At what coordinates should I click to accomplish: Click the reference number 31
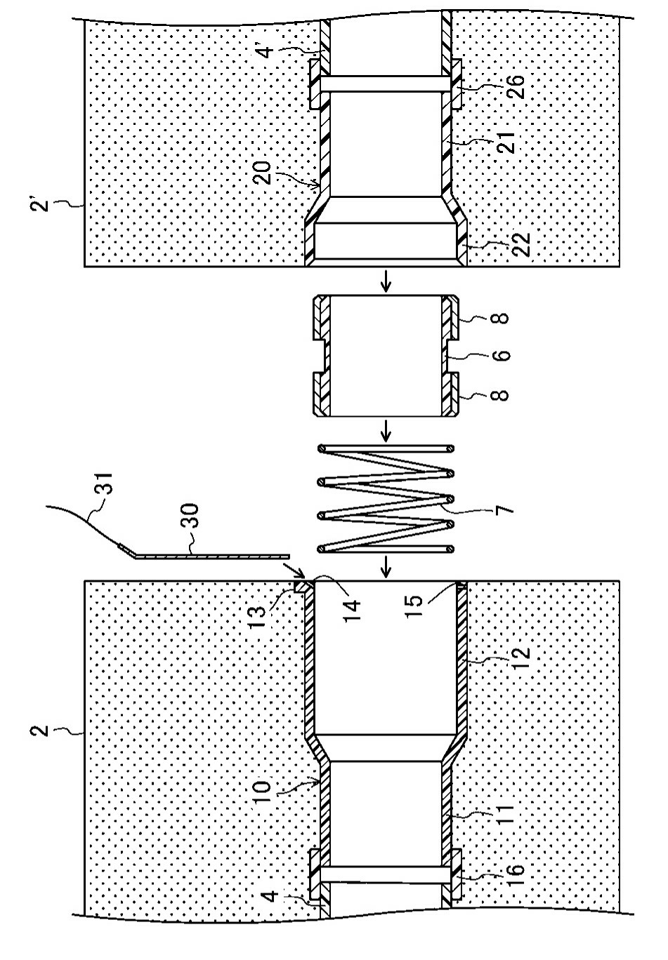point(104,484)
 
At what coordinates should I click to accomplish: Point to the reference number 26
point(516,86)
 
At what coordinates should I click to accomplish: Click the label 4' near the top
point(266,49)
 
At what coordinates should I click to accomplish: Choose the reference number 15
point(415,606)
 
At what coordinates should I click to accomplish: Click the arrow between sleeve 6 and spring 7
point(386,430)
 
